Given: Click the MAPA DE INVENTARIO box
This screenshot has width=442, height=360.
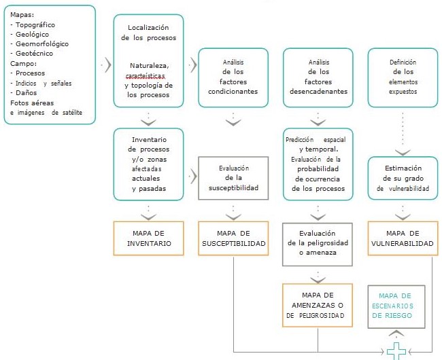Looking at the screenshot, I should tap(148, 238).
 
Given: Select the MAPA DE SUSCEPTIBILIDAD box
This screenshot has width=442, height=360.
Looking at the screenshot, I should tap(233, 238).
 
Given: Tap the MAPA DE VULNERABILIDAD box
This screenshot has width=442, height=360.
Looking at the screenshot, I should tap(401, 238).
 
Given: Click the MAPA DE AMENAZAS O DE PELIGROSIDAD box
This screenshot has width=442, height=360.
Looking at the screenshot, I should tap(317, 304).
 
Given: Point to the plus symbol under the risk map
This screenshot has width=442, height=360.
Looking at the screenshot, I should tap(395, 352).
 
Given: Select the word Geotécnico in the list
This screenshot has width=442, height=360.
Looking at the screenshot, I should tap(33, 53).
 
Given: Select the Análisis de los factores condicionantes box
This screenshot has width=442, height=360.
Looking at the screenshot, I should tap(233, 78).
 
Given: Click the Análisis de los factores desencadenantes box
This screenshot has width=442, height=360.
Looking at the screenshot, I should tap(317, 78).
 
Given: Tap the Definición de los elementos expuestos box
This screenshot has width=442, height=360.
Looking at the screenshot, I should tap(401, 78).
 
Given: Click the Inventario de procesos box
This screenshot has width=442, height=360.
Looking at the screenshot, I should tap(148, 164).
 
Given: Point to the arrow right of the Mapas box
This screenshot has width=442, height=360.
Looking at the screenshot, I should tap(105, 65).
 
